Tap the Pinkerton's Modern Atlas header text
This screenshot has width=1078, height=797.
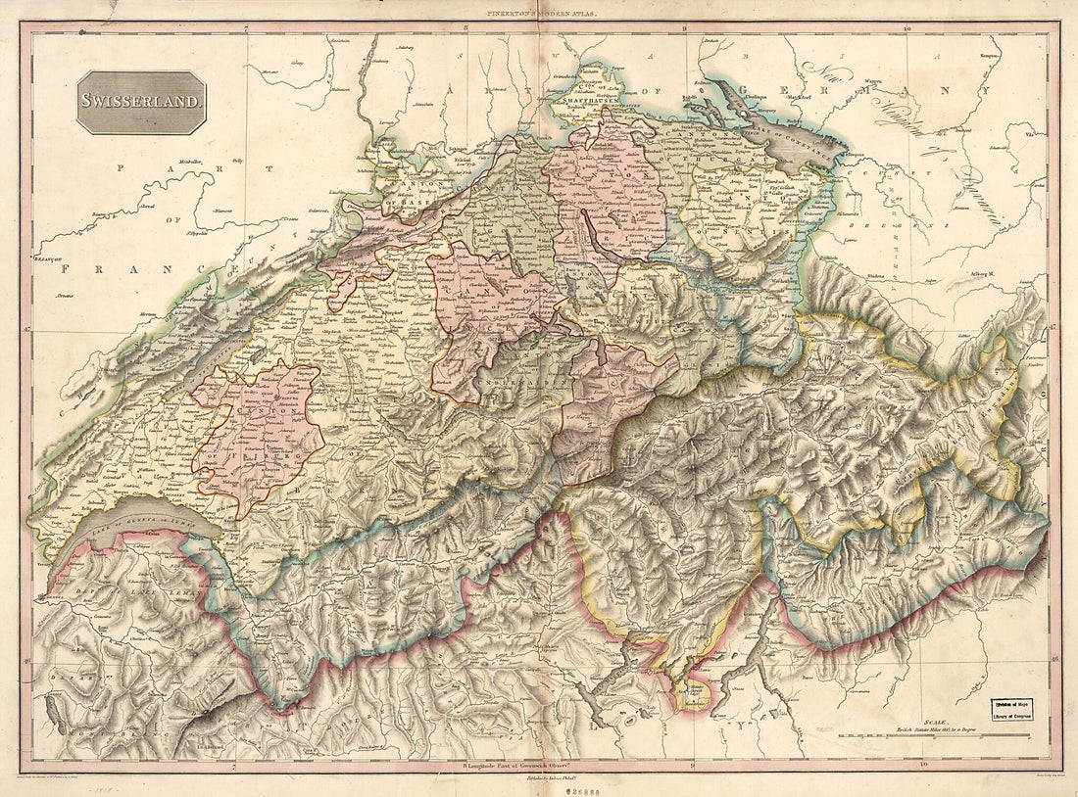coord(539,14)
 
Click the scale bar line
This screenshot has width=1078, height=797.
coord(960,738)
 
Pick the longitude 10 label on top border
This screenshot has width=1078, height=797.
coord(908,30)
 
